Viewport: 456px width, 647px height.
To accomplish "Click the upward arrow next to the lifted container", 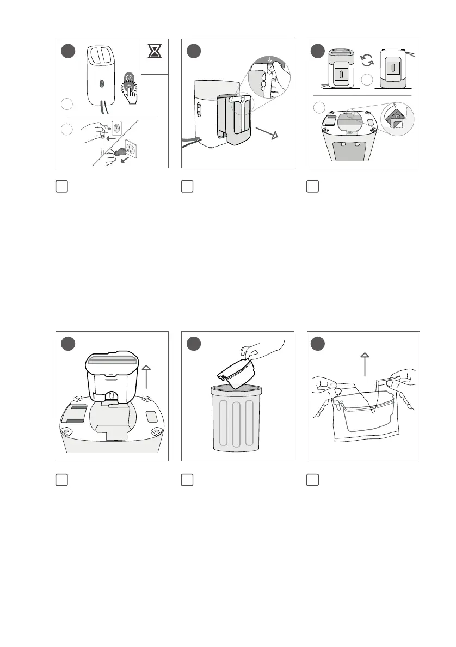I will click(147, 384).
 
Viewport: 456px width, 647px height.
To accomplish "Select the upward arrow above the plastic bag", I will click(365, 363).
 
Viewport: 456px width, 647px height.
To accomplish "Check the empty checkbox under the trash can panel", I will click(187, 479).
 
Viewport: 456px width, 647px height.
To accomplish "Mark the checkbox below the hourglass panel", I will click(61, 186).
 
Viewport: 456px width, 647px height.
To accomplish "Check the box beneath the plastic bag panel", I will click(313, 479).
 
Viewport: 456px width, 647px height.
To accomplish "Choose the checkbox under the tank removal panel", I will click(187, 186).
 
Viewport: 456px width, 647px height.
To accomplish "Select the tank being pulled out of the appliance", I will click(232, 120).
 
